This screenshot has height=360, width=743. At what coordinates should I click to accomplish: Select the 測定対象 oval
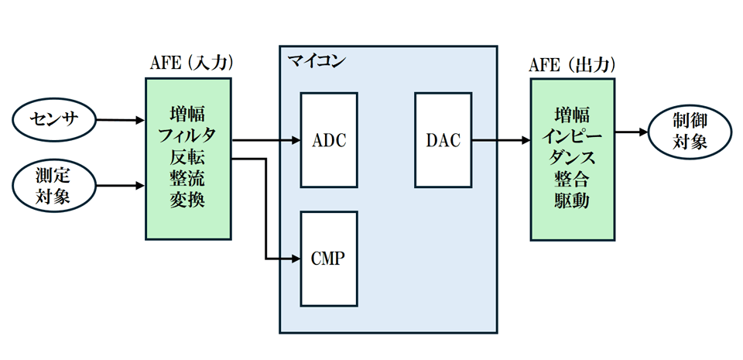tap(53, 185)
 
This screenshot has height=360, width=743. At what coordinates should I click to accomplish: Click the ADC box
tap(329, 140)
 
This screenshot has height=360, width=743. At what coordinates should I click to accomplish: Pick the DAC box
tap(443, 140)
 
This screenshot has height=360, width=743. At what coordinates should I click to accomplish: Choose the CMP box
tap(329, 258)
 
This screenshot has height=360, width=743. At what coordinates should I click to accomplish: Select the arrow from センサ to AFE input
tap(120, 120)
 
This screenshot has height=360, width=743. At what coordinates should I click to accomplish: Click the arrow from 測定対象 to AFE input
tap(120, 186)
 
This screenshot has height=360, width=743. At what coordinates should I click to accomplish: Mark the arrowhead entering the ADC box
tap(296, 141)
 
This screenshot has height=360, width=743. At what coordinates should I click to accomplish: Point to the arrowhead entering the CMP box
tap(296, 259)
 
